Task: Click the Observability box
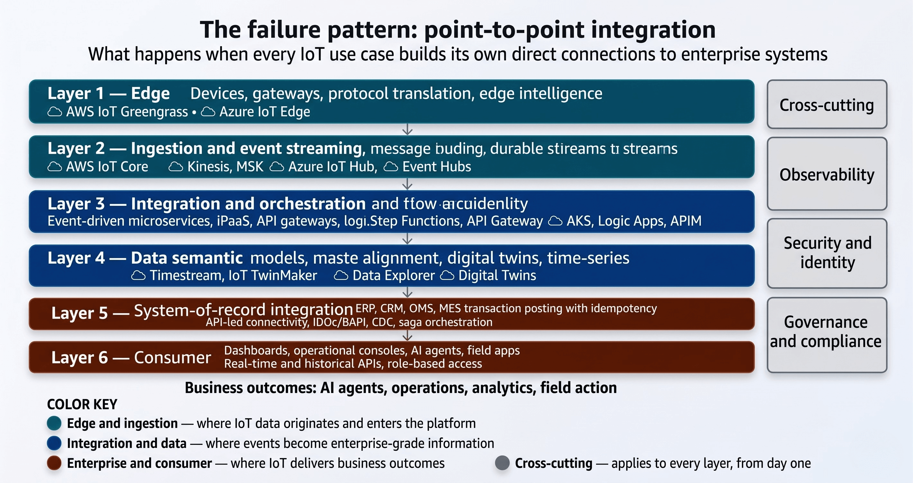(827, 174)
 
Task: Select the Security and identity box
(827, 253)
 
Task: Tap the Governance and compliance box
(827, 335)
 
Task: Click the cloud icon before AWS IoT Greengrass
(55, 112)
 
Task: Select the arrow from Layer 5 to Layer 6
(408, 335)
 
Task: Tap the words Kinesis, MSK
(225, 167)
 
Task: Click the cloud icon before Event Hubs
(391, 167)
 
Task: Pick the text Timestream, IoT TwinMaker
(233, 276)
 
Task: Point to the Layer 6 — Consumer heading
(131, 357)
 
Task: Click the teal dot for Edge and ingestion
(54, 423)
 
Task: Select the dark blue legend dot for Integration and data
(54, 443)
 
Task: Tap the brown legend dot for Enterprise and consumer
(54, 463)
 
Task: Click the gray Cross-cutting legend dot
(502, 463)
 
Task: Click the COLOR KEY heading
(82, 404)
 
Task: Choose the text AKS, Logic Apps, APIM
(634, 221)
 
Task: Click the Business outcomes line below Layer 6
(401, 388)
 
